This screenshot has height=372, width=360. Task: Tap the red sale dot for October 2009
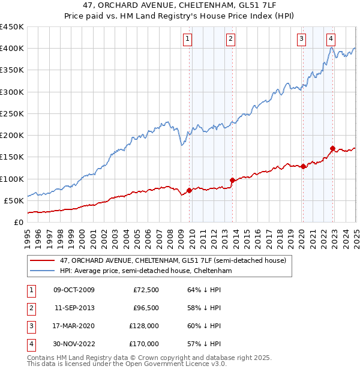[189, 191]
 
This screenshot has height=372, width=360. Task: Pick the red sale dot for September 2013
[232, 180]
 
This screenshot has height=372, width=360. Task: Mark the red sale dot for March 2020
[304, 167]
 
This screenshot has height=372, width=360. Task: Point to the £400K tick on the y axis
[12, 49]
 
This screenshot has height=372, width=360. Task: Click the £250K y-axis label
[12, 113]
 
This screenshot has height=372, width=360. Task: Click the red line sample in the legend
[41, 260]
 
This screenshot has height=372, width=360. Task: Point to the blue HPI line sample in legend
[41, 271]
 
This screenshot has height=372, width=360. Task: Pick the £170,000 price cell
[143, 344]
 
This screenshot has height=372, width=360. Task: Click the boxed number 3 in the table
[31, 326]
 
